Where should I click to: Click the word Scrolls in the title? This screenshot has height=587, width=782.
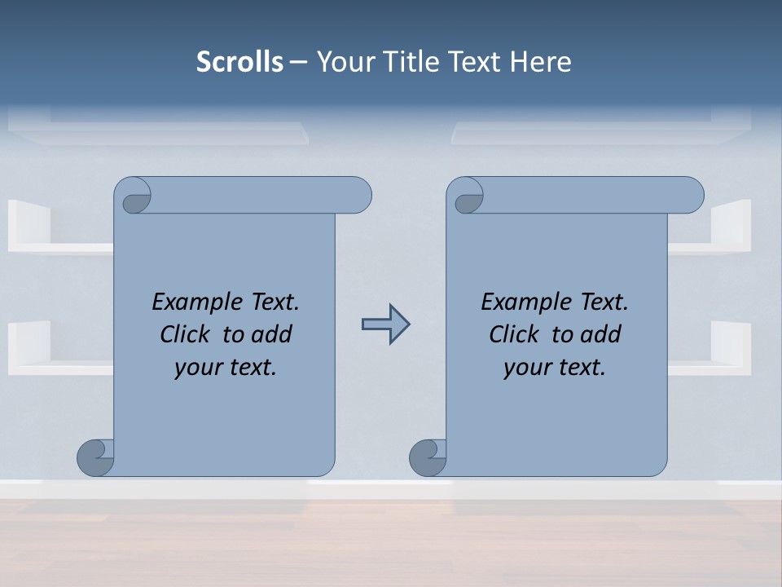[x=239, y=62]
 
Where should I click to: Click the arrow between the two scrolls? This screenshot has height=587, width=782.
[x=385, y=324]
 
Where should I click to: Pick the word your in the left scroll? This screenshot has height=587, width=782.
[x=198, y=368]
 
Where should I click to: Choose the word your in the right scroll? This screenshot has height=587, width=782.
[x=527, y=368]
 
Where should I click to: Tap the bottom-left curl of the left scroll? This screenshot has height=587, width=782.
[x=94, y=457]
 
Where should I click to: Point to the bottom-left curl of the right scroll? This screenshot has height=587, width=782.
[x=427, y=457]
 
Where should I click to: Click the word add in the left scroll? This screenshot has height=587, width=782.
[x=272, y=334]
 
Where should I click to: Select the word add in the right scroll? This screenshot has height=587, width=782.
[x=601, y=334]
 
